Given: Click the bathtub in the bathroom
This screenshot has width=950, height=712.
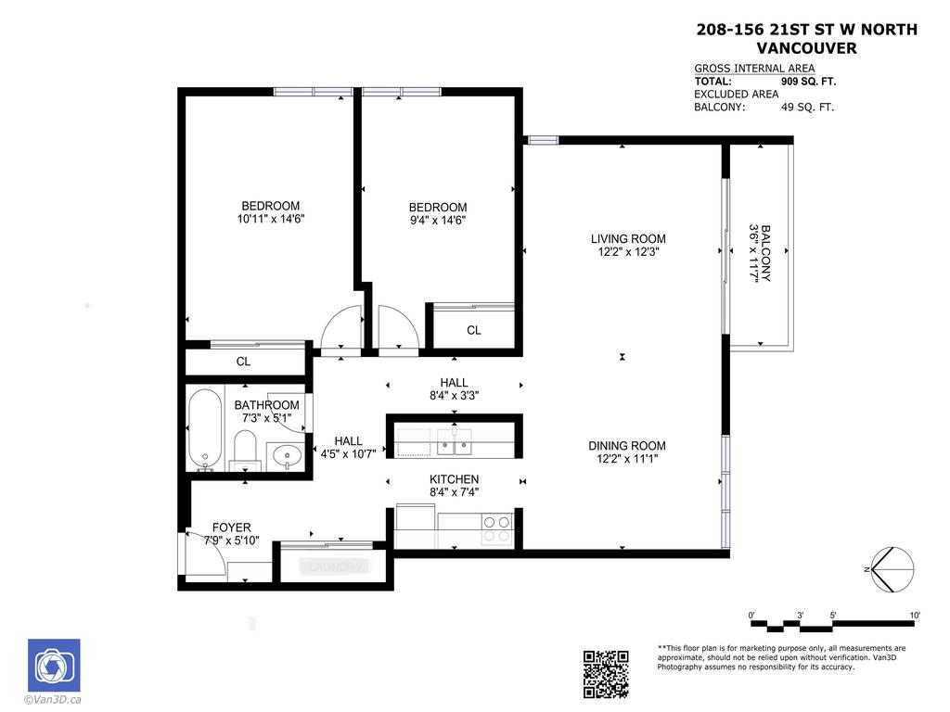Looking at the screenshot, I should point(205,430).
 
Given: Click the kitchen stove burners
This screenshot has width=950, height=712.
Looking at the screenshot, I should point(497,529).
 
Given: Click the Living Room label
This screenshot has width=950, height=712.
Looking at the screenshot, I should point(628,238).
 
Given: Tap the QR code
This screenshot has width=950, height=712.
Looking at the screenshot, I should point(606,674).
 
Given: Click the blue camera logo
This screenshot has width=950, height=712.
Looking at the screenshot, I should point(54,665).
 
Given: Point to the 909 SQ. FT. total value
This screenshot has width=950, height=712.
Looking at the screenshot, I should point(808,82).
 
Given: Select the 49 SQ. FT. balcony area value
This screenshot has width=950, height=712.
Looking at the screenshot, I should point(807,107).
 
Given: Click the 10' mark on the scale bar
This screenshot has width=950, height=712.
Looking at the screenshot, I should point(914,616).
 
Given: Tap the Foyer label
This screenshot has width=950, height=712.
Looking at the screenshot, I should point(231,528).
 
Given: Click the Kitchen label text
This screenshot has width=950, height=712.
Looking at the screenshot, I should point(454,479).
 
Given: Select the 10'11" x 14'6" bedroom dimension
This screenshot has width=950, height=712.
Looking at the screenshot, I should point(270,219).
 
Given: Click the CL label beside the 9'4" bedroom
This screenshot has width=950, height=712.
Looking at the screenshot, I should point(473,330).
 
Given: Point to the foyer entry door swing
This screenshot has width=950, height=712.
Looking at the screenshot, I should point(203,551).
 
